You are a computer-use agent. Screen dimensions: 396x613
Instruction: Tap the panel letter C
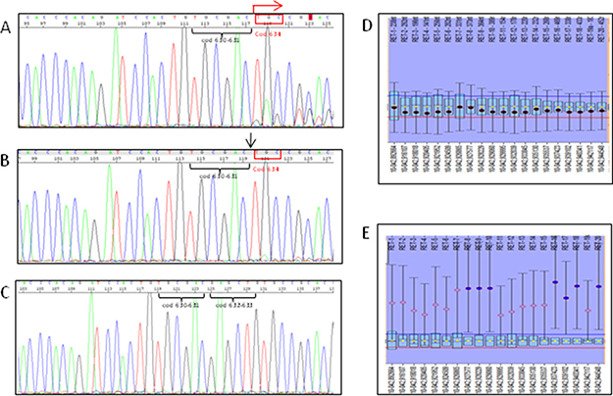7,293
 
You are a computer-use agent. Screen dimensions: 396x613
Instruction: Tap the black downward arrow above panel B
252,141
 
